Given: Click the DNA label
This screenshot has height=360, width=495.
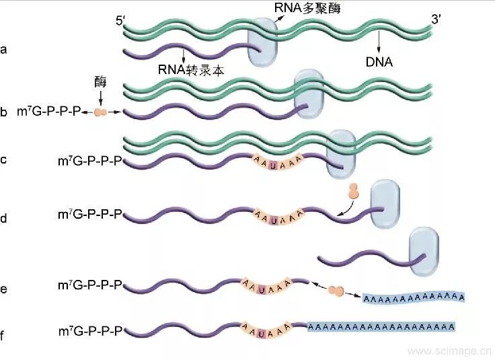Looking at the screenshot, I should tap(380, 62).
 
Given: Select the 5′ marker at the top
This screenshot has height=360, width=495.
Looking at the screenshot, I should tap(122, 21).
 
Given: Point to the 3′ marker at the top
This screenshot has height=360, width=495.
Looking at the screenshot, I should tap(436, 20).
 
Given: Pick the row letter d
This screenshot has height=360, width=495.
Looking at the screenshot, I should tap(5, 218).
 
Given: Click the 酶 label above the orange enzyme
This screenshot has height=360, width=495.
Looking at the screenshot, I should tap(100, 81).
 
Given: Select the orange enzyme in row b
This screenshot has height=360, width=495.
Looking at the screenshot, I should tap(100, 111).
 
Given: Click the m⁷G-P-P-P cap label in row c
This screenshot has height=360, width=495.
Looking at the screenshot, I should tap(91, 161).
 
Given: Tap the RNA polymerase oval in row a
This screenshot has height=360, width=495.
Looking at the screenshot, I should tap(262, 43).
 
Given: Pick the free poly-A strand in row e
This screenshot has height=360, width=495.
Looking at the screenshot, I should tap(414, 297).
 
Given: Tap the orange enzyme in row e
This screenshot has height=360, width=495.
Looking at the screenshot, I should tap(335, 291).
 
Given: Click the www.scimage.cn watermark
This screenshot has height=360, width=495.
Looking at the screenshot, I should tap(449, 351).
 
